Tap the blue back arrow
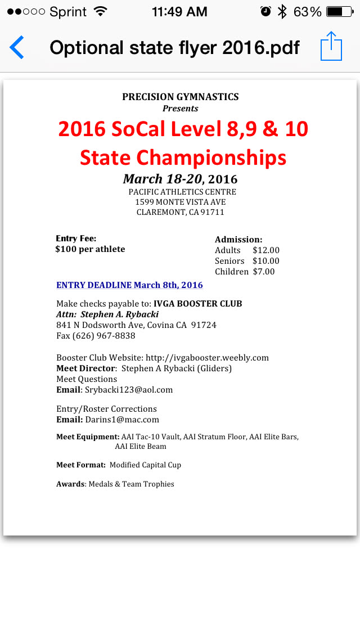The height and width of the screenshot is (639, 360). (x=17, y=47)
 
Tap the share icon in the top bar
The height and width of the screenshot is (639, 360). (x=331, y=46)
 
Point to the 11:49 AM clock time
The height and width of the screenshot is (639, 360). (x=179, y=12)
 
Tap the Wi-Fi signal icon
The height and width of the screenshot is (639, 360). (x=101, y=12)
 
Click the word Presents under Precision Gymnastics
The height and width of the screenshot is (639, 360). (x=180, y=108)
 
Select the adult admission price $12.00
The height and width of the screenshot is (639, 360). (x=266, y=250)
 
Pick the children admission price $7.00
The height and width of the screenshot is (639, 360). (x=264, y=272)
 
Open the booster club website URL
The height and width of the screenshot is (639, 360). (x=207, y=358)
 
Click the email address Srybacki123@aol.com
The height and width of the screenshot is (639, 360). (x=129, y=390)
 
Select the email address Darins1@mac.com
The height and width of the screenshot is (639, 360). (x=122, y=420)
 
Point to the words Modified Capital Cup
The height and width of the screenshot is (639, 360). (x=145, y=465)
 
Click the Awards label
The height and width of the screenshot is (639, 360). (x=70, y=484)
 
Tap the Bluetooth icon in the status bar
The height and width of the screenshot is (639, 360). (x=282, y=12)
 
